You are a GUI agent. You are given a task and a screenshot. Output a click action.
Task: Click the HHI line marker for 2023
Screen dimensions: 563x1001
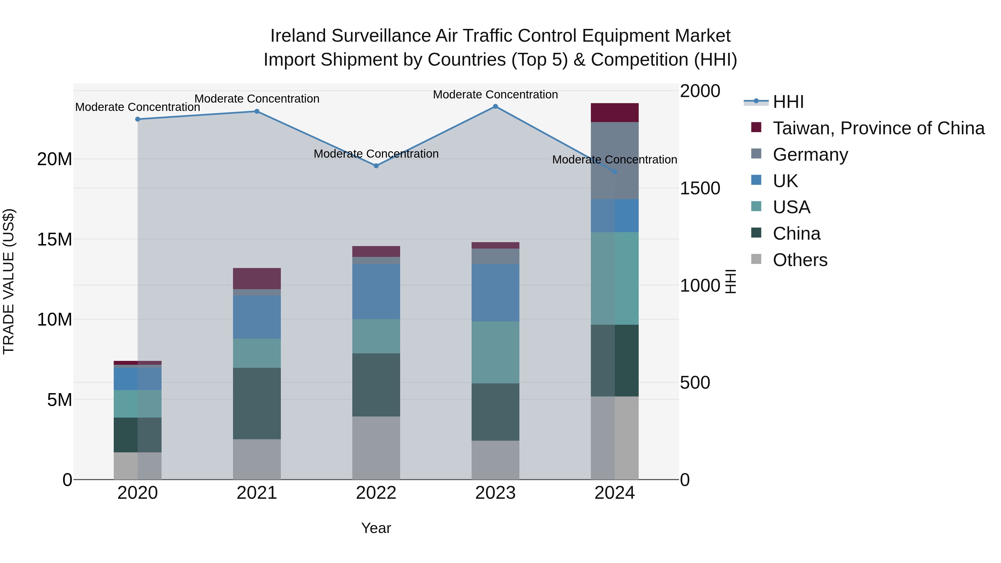pos(495,106)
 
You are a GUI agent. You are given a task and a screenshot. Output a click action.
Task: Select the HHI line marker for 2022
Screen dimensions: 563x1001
pos(376,166)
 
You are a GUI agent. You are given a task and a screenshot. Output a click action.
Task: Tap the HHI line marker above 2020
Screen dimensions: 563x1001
pos(138,119)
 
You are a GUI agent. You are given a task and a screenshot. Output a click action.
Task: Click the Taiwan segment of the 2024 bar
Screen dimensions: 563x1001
pos(615,113)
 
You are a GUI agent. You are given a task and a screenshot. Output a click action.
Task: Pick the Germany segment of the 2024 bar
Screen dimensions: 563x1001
pos(615,160)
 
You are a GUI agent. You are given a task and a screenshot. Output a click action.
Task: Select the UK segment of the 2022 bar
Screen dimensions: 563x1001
pos(376,292)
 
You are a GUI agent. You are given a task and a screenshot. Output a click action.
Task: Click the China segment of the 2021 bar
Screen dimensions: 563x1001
pos(257,403)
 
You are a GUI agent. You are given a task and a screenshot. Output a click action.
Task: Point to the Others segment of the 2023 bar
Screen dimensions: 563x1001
pos(495,460)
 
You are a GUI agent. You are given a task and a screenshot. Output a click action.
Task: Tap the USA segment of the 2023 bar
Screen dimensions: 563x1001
pos(495,353)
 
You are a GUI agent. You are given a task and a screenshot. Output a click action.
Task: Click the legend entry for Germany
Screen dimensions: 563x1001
pos(810,155)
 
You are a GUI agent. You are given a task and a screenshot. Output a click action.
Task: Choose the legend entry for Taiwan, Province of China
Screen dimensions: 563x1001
pos(878,128)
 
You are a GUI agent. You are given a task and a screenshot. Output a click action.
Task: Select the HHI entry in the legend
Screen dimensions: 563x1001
pos(788,102)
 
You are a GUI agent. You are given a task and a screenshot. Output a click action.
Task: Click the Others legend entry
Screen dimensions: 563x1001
pos(800,260)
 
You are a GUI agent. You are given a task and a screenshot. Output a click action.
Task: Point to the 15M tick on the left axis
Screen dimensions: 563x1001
pos(54,239)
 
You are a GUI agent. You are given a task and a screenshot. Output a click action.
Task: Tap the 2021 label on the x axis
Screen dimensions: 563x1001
pos(257,493)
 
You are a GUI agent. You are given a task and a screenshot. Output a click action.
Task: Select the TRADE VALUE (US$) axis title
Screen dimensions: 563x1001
pos(9,281)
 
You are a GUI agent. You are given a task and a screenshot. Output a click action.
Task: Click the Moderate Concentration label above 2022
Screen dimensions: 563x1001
pos(376,154)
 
